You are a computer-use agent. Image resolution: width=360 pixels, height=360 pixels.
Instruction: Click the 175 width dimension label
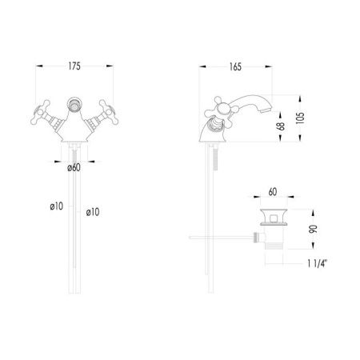[74, 66]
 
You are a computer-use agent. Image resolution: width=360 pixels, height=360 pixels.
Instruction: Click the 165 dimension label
[235, 66]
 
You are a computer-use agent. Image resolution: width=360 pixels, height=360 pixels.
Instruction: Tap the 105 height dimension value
[300, 118]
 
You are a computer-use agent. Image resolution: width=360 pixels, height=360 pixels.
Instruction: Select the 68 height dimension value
[281, 126]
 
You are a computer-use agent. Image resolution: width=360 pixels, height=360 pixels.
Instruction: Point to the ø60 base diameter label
[74, 167]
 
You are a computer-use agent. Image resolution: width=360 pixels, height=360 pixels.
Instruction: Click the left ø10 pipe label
[57, 206]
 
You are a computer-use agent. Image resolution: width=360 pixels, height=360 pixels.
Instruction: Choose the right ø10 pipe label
[93, 212]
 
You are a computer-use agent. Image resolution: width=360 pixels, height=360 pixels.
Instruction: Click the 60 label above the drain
[273, 192]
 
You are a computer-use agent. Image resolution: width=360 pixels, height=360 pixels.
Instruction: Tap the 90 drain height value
[314, 229]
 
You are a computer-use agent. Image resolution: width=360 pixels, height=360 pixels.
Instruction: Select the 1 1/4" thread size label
[317, 263]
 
